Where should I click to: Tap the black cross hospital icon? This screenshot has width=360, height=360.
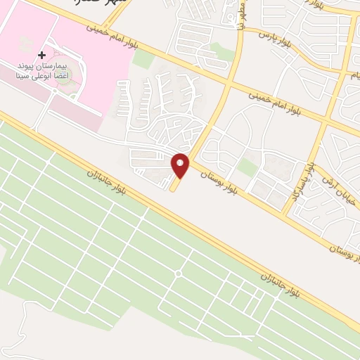[x=41, y=55]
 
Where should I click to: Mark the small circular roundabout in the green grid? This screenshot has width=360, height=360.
[x=178, y=273]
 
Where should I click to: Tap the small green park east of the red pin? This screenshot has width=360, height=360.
[x=247, y=167]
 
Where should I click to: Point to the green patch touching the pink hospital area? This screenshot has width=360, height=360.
[x=143, y=59]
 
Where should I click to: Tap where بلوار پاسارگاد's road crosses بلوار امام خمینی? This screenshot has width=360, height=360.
[x=328, y=124]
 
